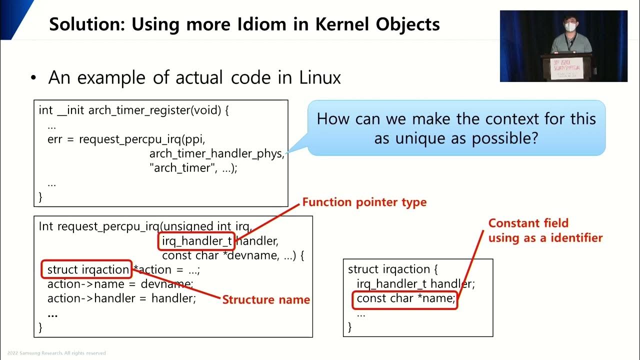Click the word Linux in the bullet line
[320, 78]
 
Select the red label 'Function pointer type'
[364, 202]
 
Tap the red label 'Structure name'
[266, 300]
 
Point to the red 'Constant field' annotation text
[528, 223]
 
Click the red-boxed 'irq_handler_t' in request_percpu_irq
[197, 241]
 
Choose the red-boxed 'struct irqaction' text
[88, 270]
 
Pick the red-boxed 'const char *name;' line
[406, 299]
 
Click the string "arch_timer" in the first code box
[179, 168]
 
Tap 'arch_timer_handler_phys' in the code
[216, 154]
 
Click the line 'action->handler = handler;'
[121, 298]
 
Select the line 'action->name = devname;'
[120, 284]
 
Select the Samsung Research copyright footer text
[53, 353]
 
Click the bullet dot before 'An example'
[33, 78]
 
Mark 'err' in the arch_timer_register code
[54, 139]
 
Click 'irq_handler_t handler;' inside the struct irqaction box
[415, 284]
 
